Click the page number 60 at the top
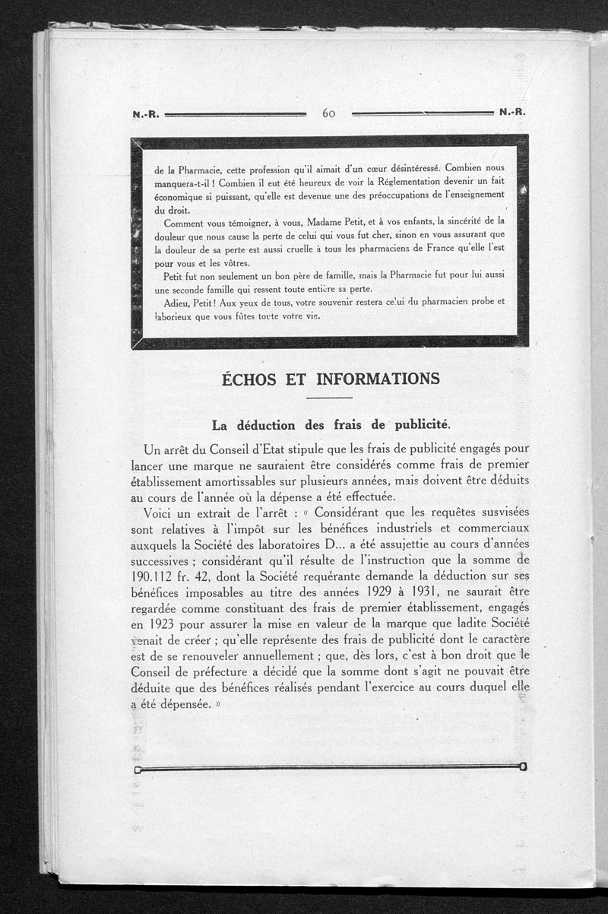pos(329,113)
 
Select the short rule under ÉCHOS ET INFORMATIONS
pos(329,398)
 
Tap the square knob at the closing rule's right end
pos(523,766)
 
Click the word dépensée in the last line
pos(179,704)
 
